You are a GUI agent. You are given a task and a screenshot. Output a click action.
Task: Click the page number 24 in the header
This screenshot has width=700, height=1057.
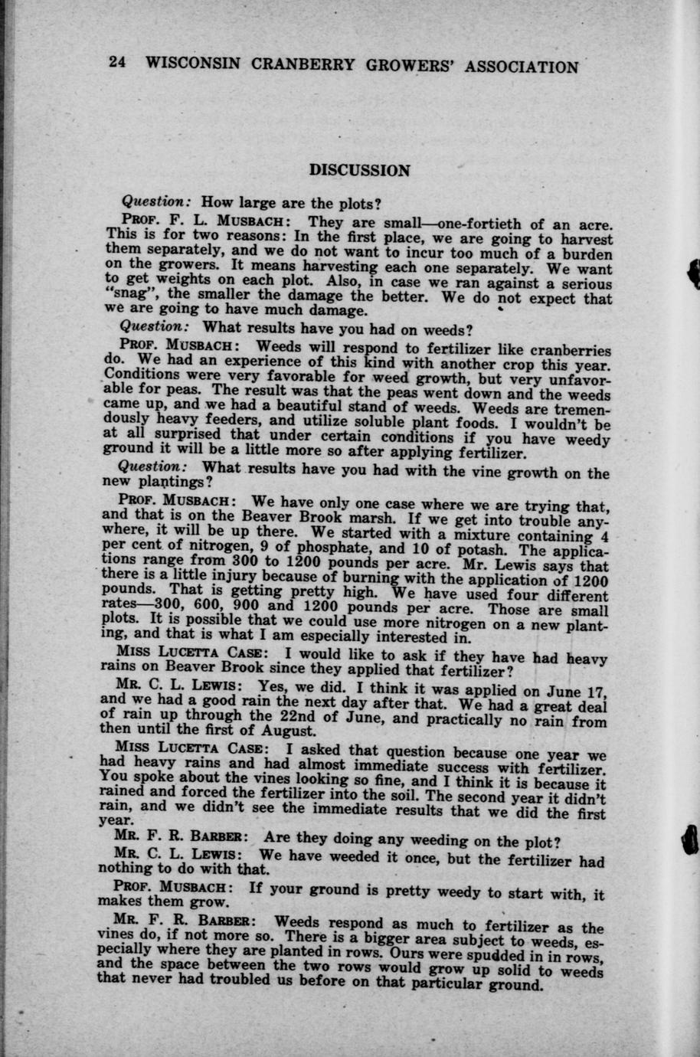pos(117,64)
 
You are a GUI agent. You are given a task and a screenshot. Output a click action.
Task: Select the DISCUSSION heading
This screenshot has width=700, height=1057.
pos(359,170)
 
